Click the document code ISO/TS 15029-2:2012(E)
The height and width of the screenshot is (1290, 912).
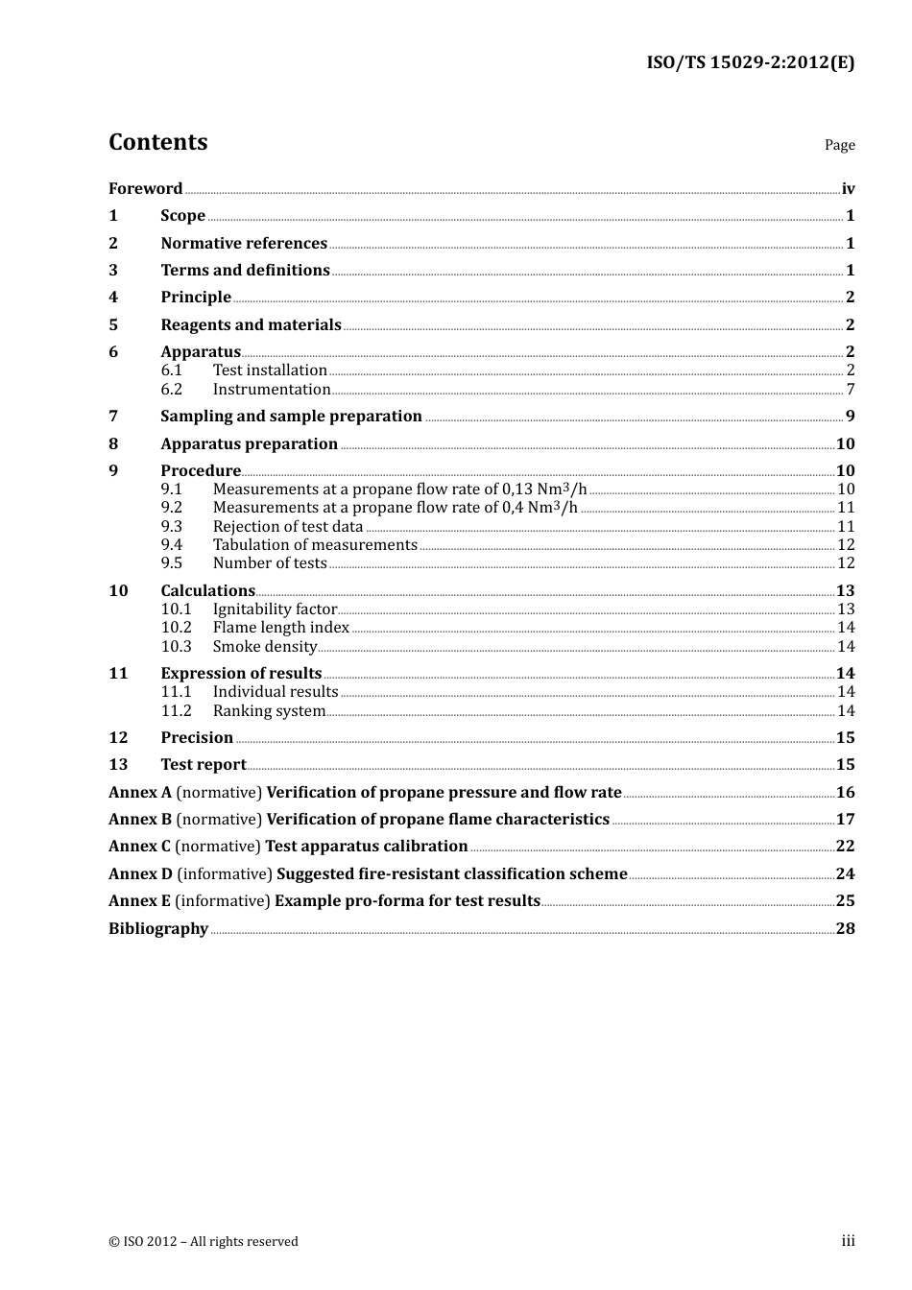pos(750,63)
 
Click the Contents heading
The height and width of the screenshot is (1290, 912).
pos(157,142)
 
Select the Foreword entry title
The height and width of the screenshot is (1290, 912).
pos(145,189)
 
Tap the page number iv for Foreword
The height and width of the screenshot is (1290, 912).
pos(848,189)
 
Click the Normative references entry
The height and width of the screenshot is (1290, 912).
pos(244,244)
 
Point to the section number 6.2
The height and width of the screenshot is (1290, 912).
pos(171,390)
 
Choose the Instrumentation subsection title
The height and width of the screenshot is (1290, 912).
pos(272,390)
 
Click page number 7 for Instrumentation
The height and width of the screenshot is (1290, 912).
pos(850,390)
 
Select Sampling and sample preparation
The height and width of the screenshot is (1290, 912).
pos(291,417)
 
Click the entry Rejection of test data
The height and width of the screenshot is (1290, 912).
pos(288,527)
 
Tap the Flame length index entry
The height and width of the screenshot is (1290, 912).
pos(280,628)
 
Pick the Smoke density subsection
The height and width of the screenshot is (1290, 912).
pos(265,647)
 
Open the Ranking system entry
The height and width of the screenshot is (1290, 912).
pos(269,711)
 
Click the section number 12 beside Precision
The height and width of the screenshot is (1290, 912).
pos(118,738)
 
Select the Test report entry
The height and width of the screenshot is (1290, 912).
pos(204,765)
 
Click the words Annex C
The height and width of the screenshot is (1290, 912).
pos(139,847)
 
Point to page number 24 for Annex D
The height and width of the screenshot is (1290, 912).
pos(845,874)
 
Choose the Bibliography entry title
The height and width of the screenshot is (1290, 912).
pos(158,929)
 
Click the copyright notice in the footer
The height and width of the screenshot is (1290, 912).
pos(204,1242)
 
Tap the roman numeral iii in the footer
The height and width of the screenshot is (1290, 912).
pos(848,1241)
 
